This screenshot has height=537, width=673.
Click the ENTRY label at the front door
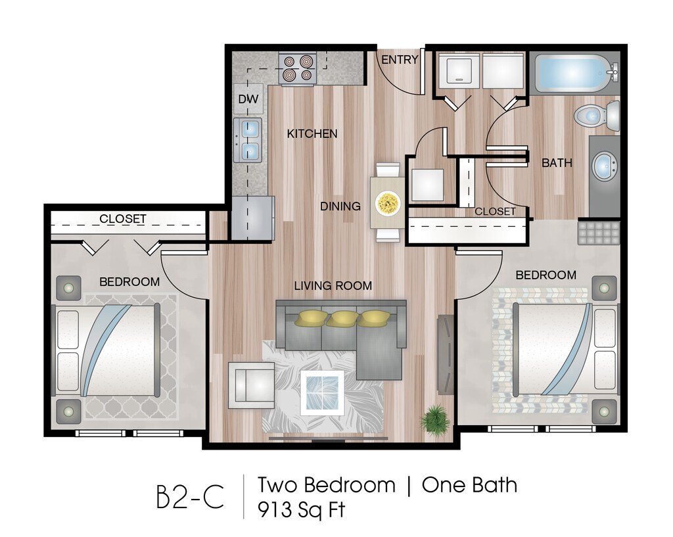click(x=400, y=60)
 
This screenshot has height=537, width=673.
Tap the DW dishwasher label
click(x=248, y=100)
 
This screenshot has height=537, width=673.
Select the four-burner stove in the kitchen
click(x=297, y=69)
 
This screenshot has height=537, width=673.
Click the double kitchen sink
click(x=249, y=140)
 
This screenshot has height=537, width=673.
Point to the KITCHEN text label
click(x=312, y=134)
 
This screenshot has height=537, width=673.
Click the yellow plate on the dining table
click(x=388, y=203)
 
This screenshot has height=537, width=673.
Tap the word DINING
click(x=340, y=206)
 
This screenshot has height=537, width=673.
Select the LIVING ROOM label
click(x=333, y=286)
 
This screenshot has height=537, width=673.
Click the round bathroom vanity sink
click(x=604, y=166)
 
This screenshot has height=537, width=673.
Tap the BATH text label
click(x=557, y=163)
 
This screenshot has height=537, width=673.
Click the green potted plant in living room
click(x=434, y=417)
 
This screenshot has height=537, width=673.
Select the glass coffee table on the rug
click(x=322, y=392)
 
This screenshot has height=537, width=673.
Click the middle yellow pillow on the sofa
click(x=341, y=319)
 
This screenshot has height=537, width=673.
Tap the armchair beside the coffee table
click(x=251, y=385)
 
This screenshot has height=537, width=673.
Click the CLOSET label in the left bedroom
click(x=123, y=219)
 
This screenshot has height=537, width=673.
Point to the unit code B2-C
click(x=190, y=498)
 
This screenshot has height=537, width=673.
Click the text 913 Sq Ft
click(x=301, y=509)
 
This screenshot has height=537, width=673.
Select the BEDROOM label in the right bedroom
click(x=545, y=275)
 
